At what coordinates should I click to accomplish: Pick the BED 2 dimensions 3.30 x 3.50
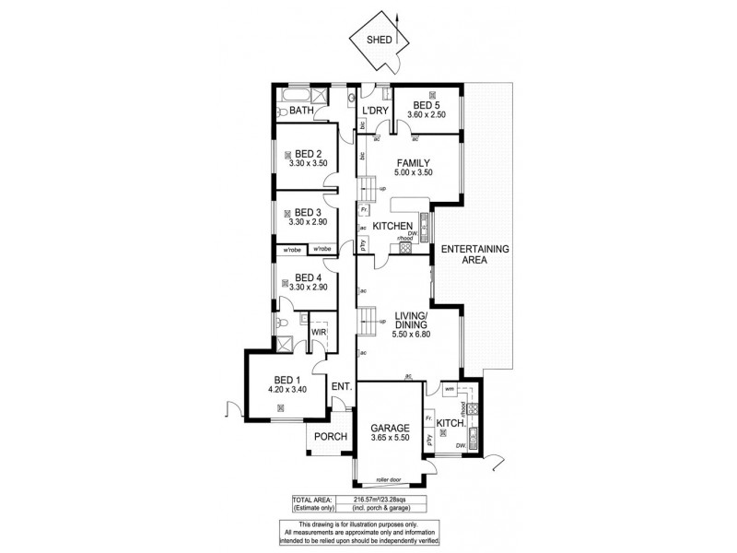306,164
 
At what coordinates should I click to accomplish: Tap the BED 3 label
306,212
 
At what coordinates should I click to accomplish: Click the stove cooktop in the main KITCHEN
404,248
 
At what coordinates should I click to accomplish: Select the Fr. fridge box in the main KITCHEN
365,210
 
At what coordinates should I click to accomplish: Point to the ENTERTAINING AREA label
474,254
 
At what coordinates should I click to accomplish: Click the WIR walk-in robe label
318,331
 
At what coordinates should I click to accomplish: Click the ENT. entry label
342,387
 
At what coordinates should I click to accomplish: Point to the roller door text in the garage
389,479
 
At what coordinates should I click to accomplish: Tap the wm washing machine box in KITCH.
450,389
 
